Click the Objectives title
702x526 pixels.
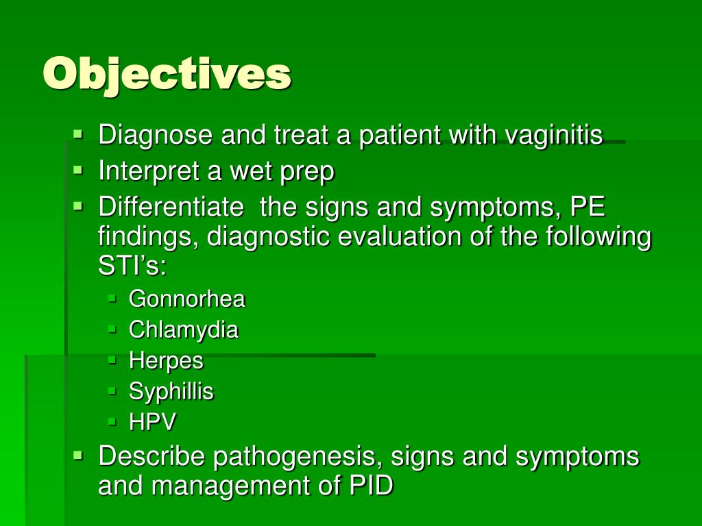pyautogui.click(x=167, y=75)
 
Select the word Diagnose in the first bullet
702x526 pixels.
pyautogui.click(x=156, y=136)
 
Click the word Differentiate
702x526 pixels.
pyautogui.click(x=171, y=207)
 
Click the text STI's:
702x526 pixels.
pyautogui.click(x=132, y=266)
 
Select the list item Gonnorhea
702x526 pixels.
pyautogui.click(x=186, y=299)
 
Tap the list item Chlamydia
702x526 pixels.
pyautogui.click(x=184, y=330)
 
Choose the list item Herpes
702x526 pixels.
pyautogui.click(x=166, y=361)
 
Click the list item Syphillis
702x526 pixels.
pyautogui.click(x=171, y=392)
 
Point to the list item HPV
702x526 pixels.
pyautogui.click(x=152, y=422)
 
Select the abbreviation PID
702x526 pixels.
pyautogui.click(x=371, y=486)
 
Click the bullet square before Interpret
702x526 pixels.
pyautogui.click(x=78, y=170)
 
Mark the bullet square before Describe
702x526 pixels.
pyautogui.click(x=78, y=455)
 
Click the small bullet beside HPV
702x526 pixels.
pyautogui.click(x=112, y=421)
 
